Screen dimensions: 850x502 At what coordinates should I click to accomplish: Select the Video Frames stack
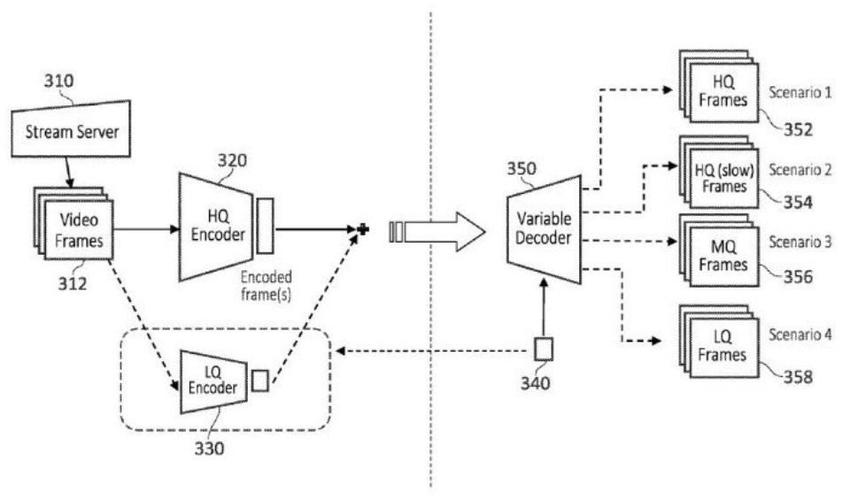[x=73, y=223]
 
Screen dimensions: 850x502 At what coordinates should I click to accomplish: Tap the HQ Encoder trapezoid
[x=216, y=227]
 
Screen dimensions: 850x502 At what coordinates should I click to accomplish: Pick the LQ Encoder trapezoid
[x=213, y=382]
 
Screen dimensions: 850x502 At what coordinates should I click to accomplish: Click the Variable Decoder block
[x=544, y=229]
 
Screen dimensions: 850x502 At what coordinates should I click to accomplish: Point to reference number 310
[x=58, y=81]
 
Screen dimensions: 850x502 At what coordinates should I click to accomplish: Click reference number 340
[x=535, y=383]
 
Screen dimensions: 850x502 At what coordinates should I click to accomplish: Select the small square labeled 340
[x=543, y=349]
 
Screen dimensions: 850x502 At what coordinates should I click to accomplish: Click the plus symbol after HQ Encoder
[x=363, y=229]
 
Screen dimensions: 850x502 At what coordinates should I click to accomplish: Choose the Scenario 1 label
[x=800, y=93]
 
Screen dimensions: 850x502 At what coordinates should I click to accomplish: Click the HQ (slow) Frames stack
[x=719, y=172]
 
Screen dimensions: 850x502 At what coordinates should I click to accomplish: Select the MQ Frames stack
[x=719, y=250]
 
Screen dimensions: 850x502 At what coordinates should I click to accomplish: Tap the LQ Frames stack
[x=719, y=341]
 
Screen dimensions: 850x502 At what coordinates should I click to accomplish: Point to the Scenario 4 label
[x=800, y=335]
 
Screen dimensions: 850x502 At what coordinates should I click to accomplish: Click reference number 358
[x=798, y=376]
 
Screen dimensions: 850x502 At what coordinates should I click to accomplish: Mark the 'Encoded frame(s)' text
[x=267, y=286]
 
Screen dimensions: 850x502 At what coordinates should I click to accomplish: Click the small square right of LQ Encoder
[x=259, y=380]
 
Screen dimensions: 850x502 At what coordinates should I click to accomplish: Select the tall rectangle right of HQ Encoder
[x=265, y=226]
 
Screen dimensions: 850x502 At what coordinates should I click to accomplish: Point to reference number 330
[x=209, y=448]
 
